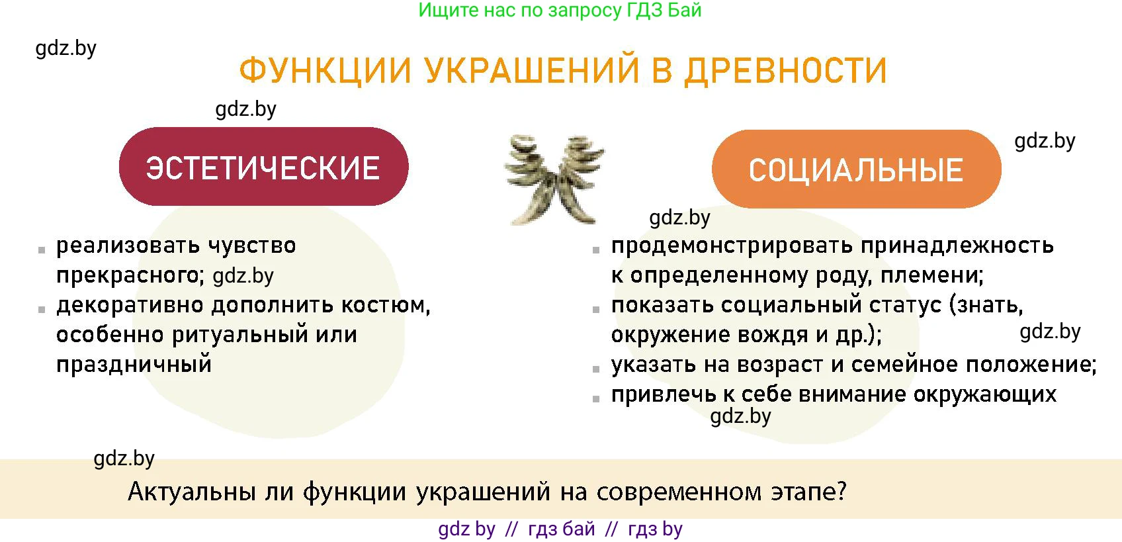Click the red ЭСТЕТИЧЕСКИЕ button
tap(263, 167)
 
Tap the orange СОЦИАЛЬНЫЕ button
tap(856, 169)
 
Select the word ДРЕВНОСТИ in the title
tap(785, 70)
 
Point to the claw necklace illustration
tap(554, 179)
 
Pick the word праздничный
tap(134, 364)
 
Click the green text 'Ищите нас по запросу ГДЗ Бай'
tap(560, 10)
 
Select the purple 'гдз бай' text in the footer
tap(561, 529)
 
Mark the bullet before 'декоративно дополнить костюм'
tap(42, 309)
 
